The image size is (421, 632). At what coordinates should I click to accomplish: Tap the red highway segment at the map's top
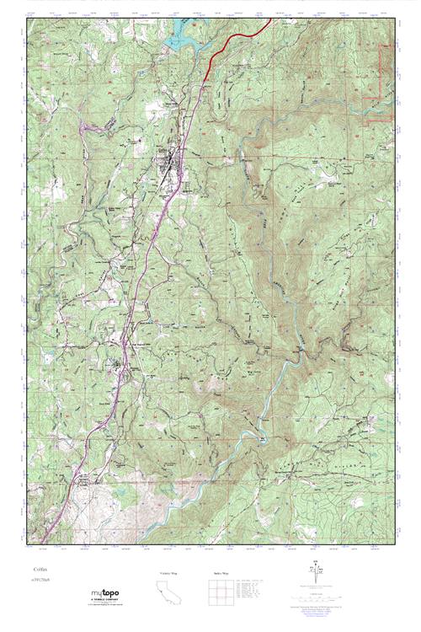click(240, 38)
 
